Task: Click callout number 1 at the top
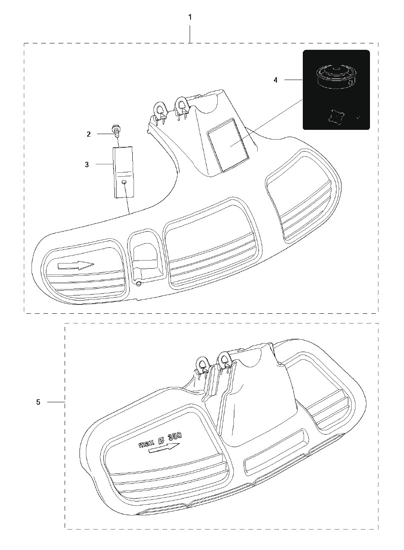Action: click(x=190, y=17)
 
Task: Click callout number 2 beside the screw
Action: click(x=88, y=134)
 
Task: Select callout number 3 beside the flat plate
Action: click(x=87, y=164)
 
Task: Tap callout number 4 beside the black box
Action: click(x=276, y=80)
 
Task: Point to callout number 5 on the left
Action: click(x=38, y=402)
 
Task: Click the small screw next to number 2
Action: click(x=116, y=131)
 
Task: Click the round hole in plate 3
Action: click(x=124, y=181)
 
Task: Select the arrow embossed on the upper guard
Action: click(x=76, y=266)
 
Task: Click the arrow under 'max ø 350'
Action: click(x=164, y=448)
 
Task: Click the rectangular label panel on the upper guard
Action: click(x=228, y=145)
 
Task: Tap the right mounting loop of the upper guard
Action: click(x=181, y=104)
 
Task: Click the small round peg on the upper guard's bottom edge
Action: click(x=139, y=284)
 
